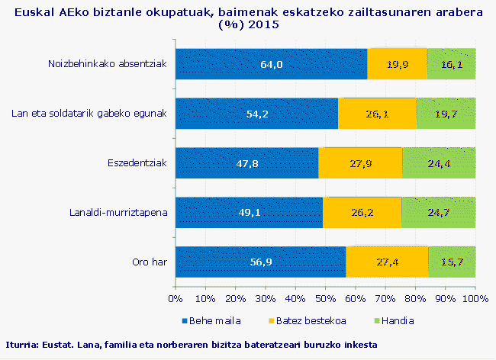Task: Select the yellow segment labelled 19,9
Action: click(x=397, y=64)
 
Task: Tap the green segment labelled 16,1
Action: click(x=452, y=64)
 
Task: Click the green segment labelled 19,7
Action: click(x=446, y=114)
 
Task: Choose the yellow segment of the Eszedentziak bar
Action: click(x=360, y=163)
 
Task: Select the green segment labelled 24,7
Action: click(x=439, y=213)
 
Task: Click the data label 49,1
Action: click(x=250, y=213)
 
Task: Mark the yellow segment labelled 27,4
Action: click(x=388, y=262)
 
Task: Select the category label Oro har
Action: click(x=149, y=262)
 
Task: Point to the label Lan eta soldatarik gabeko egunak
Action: click(x=89, y=114)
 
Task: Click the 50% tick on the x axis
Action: click(x=325, y=297)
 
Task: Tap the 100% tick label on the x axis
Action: click(x=475, y=297)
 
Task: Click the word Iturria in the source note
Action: click(x=22, y=345)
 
